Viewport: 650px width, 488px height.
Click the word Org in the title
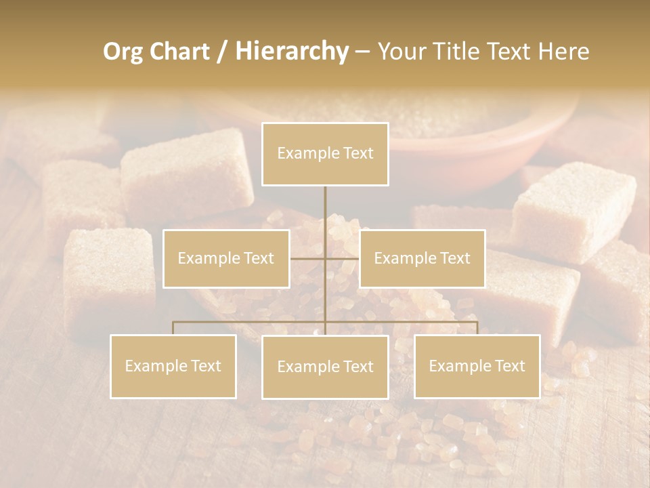pyautogui.click(x=124, y=52)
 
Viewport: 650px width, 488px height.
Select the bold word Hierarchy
pyautogui.click(x=291, y=52)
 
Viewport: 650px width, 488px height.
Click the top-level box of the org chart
pyautogui.click(x=325, y=154)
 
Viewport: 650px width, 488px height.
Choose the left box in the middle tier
pyautogui.click(x=226, y=258)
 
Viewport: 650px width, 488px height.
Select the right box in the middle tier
pyautogui.click(x=422, y=258)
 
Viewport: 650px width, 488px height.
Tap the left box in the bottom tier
pyautogui.click(x=173, y=366)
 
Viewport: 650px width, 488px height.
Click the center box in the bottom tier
pyautogui.click(x=325, y=367)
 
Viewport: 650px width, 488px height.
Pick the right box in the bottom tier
pyautogui.click(x=477, y=366)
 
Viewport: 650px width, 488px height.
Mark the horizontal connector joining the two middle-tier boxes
pyautogui.click(x=308, y=258)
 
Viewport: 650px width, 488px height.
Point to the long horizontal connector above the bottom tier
pyautogui.click(x=251, y=322)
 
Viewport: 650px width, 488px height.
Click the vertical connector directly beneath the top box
pyautogui.click(x=325, y=203)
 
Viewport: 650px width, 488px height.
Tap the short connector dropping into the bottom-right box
pyautogui.click(x=477, y=328)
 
